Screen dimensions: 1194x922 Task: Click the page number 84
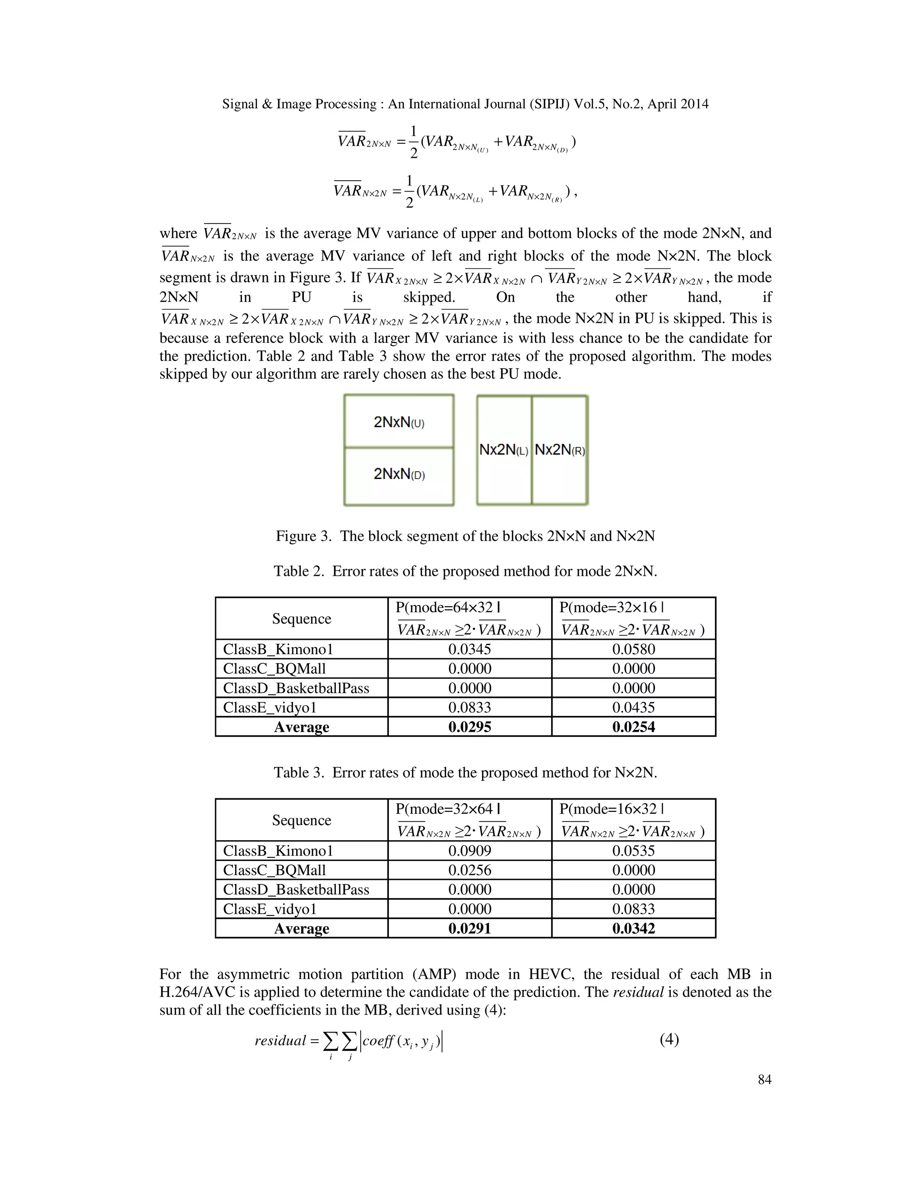coord(764,1079)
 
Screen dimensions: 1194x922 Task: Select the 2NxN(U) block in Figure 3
coord(399,422)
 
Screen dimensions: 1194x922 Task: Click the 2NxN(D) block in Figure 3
coord(399,474)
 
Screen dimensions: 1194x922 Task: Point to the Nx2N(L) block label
coord(504,450)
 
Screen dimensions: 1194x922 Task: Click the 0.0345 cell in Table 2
coord(469,649)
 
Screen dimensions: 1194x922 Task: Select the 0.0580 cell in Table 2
coord(633,649)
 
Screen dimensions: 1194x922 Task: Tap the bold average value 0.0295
coord(469,727)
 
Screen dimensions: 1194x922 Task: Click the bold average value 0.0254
coord(633,727)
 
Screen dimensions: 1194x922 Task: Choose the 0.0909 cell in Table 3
coord(469,851)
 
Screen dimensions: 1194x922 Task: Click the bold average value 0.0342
coord(633,928)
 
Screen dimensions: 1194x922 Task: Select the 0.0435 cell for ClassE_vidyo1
coord(633,707)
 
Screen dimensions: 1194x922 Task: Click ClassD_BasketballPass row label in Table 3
coord(296,889)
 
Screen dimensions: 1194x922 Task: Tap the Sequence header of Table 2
coord(302,618)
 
